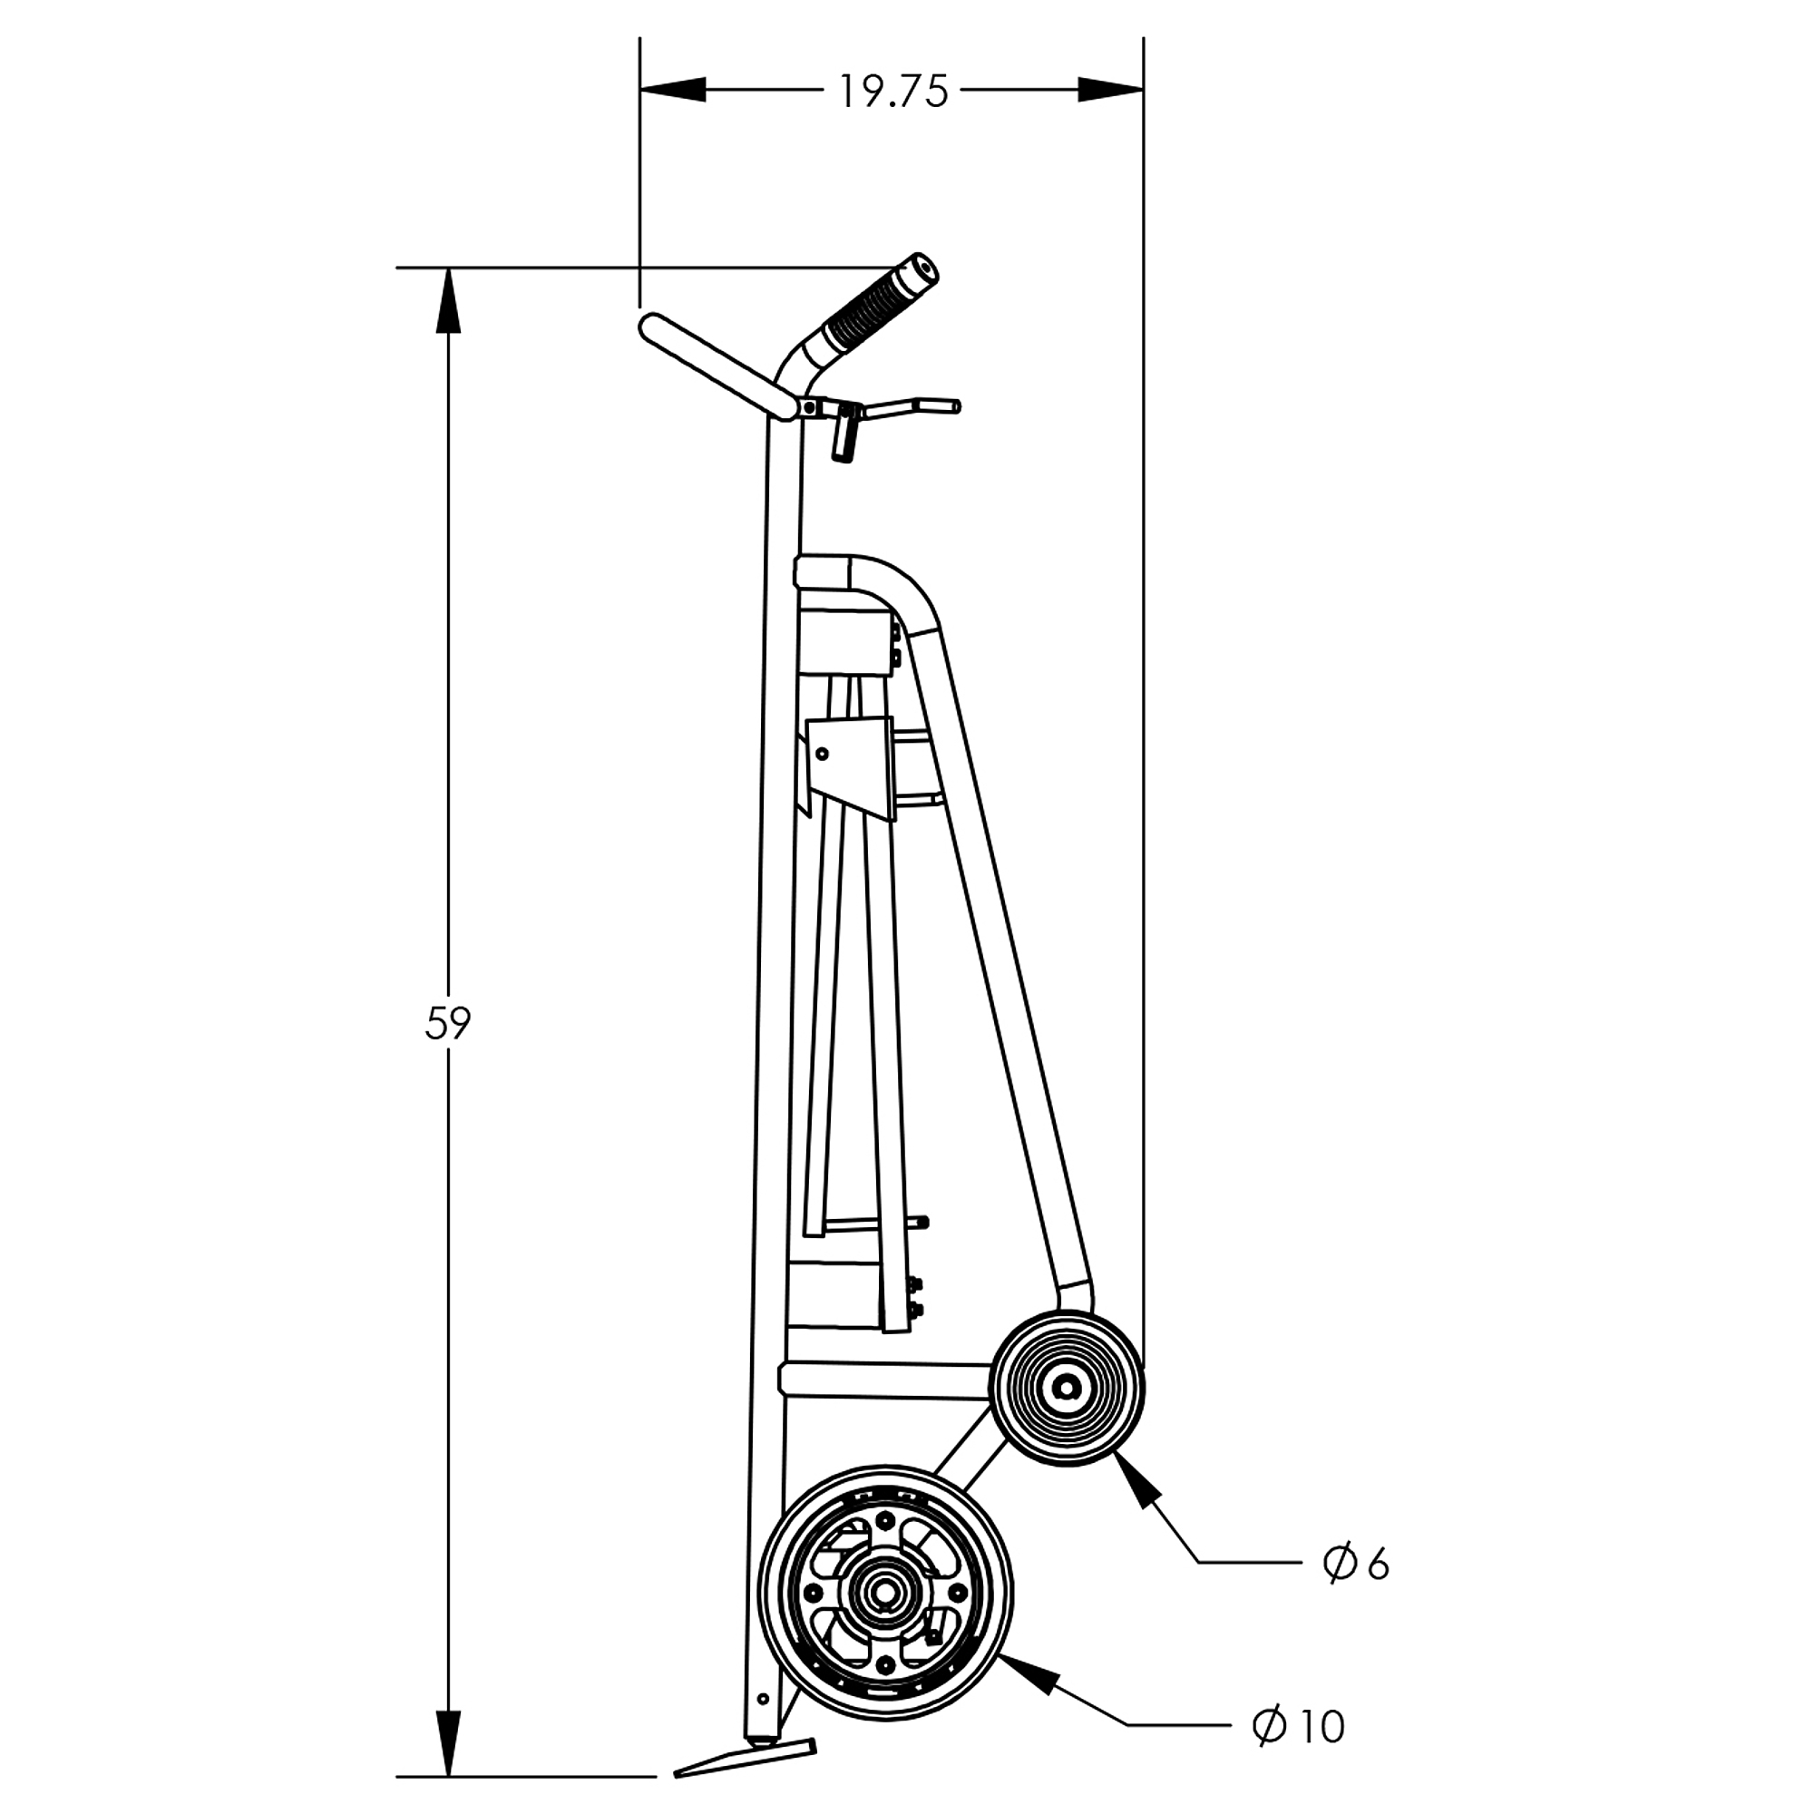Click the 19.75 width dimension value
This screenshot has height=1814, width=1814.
point(892,91)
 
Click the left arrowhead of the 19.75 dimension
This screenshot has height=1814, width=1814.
point(673,90)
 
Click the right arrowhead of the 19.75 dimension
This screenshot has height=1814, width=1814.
point(1111,90)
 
